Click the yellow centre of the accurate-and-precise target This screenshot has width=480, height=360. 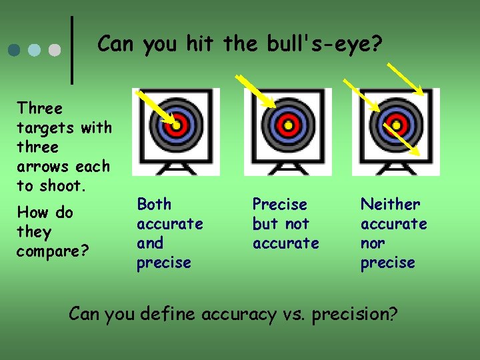tap(176, 125)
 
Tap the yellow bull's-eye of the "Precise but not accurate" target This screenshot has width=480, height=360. tap(288, 125)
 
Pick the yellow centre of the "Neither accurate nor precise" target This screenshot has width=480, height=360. tap(396, 124)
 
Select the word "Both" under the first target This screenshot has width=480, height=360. tap(154, 204)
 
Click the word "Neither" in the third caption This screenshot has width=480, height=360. tap(390, 204)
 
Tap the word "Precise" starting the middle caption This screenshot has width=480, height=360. tap(279, 204)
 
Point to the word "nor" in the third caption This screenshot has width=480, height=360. tap(373, 243)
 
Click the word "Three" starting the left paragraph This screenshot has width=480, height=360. tap(39, 108)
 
